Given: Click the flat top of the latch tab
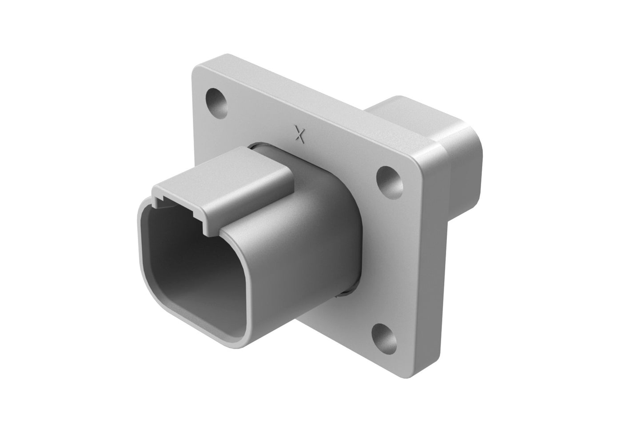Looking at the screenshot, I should click(x=231, y=171).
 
